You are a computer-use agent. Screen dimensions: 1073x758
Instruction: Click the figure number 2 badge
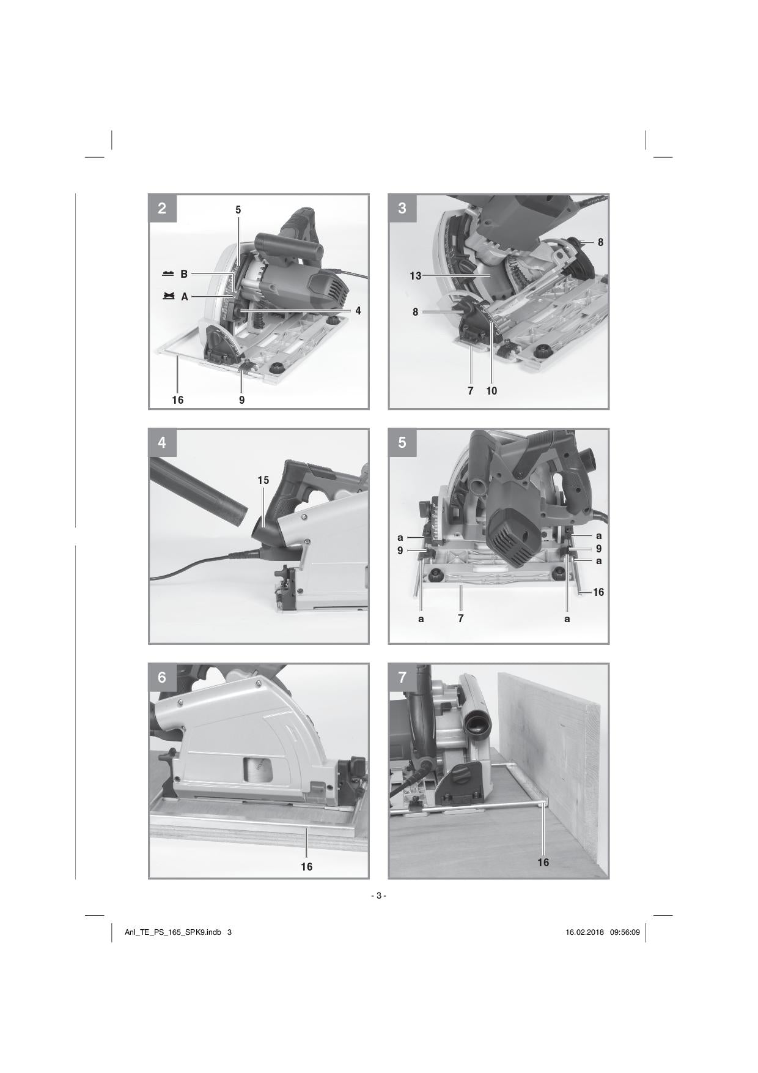[163, 208]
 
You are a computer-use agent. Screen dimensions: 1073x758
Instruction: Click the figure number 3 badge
[402, 208]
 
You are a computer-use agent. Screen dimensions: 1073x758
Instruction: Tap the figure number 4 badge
[163, 442]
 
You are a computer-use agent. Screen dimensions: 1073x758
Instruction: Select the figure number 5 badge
[402, 442]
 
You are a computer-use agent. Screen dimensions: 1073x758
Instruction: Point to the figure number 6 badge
[163, 677]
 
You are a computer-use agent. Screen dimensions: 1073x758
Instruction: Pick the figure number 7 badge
[402, 677]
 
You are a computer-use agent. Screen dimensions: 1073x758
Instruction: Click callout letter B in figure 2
[184, 275]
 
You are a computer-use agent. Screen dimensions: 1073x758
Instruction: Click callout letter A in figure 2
[184, 297]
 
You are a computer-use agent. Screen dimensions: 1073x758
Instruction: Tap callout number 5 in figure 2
[238, 210]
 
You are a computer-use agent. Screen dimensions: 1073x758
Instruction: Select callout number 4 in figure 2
[358, 311]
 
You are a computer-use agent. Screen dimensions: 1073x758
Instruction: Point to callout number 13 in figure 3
[416, 277]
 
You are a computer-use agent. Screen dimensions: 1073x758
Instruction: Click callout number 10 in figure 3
[491, 391]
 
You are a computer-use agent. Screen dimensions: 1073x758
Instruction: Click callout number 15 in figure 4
[263, 480]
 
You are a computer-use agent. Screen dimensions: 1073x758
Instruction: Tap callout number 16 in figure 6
[306, 867]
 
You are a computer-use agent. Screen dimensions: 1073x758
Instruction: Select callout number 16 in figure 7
[543, 863]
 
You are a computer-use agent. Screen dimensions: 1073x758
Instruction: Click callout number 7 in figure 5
[460, 618]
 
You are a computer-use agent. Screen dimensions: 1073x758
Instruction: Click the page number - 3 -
[378, 896]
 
